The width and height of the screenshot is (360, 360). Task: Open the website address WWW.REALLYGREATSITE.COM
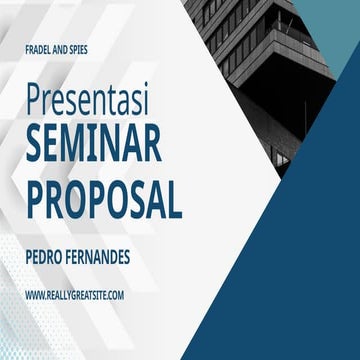point(75,295)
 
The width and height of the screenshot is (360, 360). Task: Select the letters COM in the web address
point(114,295)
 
